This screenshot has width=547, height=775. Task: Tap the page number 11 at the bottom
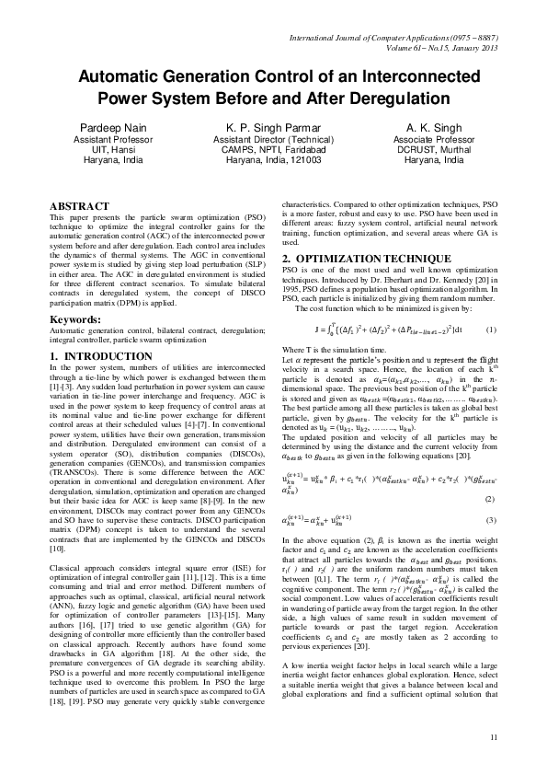(x=494, y=737)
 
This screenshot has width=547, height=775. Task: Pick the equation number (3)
(x=491, y=495)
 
